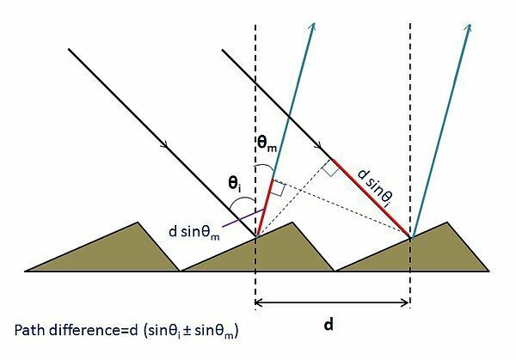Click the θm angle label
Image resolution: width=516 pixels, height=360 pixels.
tap(267, 144)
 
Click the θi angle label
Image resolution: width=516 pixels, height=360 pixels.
tap(235, 185)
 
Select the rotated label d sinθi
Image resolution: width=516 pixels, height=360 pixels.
tap(375, 188)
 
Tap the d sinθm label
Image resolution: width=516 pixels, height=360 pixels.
tap(193, 233)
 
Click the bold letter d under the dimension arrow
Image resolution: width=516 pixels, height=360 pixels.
tap(329, 325)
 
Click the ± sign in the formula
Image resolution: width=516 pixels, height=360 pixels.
tap(187, 331)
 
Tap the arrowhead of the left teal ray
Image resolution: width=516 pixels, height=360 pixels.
tap(313, 27)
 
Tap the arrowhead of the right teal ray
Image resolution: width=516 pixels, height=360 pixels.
tap(469, 27)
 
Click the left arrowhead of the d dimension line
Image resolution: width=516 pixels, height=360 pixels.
tap(258, 302)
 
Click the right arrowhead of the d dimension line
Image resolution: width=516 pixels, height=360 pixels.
tap(405, 302)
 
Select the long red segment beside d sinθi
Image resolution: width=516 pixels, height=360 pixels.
tap(372, 198)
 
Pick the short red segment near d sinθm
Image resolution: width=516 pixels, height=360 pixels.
tap(264, 208)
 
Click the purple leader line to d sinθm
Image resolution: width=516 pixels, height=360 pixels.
tap(243, 217)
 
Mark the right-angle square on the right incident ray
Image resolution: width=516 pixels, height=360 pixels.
tap(330, 168)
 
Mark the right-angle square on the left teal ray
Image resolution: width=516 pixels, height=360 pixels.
tap(278, 188)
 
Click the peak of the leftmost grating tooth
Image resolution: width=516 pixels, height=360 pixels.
tap(138, 223)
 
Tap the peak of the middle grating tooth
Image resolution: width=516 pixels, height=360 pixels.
tap(292, 223)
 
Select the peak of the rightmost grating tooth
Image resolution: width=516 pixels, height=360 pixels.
tap(447, 223)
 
